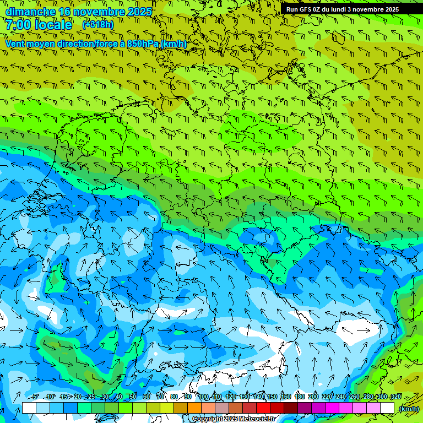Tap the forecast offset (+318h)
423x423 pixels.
(x=99, y=24)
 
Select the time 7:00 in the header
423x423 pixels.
(x=18, y=25)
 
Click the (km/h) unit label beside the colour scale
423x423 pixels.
(x=409, y=408)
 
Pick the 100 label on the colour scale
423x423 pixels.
(x=203, y=397)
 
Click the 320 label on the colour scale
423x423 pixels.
(x=395, y=397)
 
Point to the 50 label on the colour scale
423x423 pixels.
(x=133, y=397)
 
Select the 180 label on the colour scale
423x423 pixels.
(x=299, y=397)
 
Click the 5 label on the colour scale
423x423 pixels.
(x=36, y=397)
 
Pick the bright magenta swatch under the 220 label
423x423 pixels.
(x=332, y=408)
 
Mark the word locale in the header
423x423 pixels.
(x=53, y=25)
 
